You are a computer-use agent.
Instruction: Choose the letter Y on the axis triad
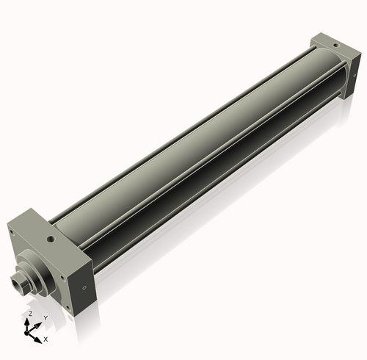pos(46,317)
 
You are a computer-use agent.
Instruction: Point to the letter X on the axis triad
pos(46,339)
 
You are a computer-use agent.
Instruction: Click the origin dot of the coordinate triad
pos(31,329)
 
